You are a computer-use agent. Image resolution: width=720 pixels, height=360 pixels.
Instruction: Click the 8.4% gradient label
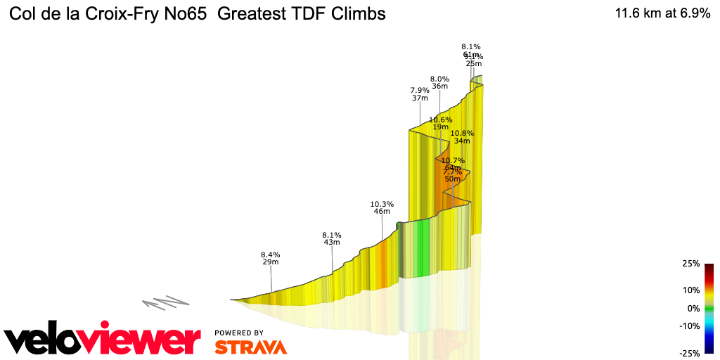tap(271, 255)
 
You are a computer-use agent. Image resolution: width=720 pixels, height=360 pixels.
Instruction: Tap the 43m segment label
tap(332, 242)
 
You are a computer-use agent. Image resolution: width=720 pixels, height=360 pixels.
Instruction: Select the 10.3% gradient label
tap(382, 204)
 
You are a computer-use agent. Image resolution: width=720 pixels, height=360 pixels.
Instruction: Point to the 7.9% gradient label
tap(420, 90)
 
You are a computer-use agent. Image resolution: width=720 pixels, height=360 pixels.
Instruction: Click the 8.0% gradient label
tap(439, 79)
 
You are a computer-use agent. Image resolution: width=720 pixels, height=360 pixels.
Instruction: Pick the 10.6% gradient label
tap(440, 120)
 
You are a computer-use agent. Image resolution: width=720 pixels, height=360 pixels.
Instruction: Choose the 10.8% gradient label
tap(462, 133)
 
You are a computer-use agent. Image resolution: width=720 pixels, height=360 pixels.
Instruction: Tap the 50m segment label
tap(452, 179)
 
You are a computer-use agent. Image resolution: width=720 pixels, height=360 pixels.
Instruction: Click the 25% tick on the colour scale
tap(691, 264)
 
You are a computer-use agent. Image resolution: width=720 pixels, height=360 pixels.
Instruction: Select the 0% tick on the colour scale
tap(693, 308)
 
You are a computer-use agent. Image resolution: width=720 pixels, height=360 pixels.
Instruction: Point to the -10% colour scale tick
tap(689, 326)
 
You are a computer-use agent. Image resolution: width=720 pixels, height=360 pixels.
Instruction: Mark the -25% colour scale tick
tap(689, 353)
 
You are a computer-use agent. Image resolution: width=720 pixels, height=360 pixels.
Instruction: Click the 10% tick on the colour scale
tap(691, 290)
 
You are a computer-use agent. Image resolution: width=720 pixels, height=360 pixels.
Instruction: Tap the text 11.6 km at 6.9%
tap(662, 13)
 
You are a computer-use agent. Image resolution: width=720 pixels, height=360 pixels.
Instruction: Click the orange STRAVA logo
tap(250, 347)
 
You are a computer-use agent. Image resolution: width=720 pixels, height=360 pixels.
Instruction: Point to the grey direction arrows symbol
tap(165, 303)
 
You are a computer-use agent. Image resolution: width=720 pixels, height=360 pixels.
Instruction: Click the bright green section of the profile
tap(420, 250)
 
